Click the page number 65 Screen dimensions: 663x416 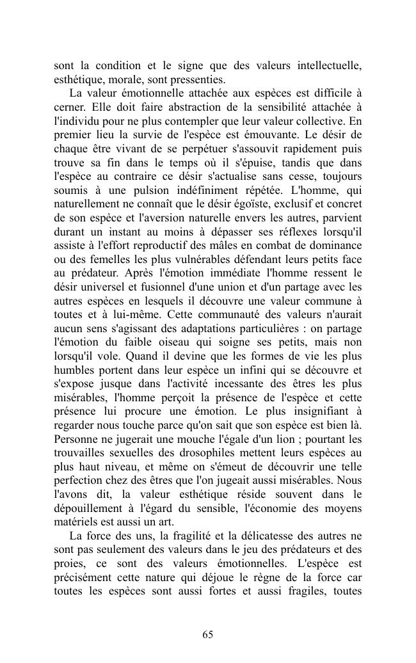pyautogui.click(x=207, y=634)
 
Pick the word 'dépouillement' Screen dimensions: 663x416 pyautogui.click(x=85, y=508)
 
